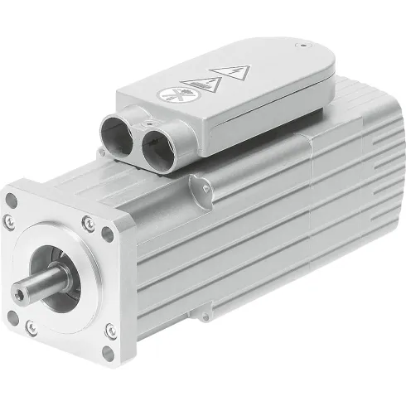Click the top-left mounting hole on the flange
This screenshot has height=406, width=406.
[12, 201]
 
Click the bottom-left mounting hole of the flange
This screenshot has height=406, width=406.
[12, 316]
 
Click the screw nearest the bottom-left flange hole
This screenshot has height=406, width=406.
[31, 327]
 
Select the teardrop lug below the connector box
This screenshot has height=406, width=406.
[196, 182]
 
